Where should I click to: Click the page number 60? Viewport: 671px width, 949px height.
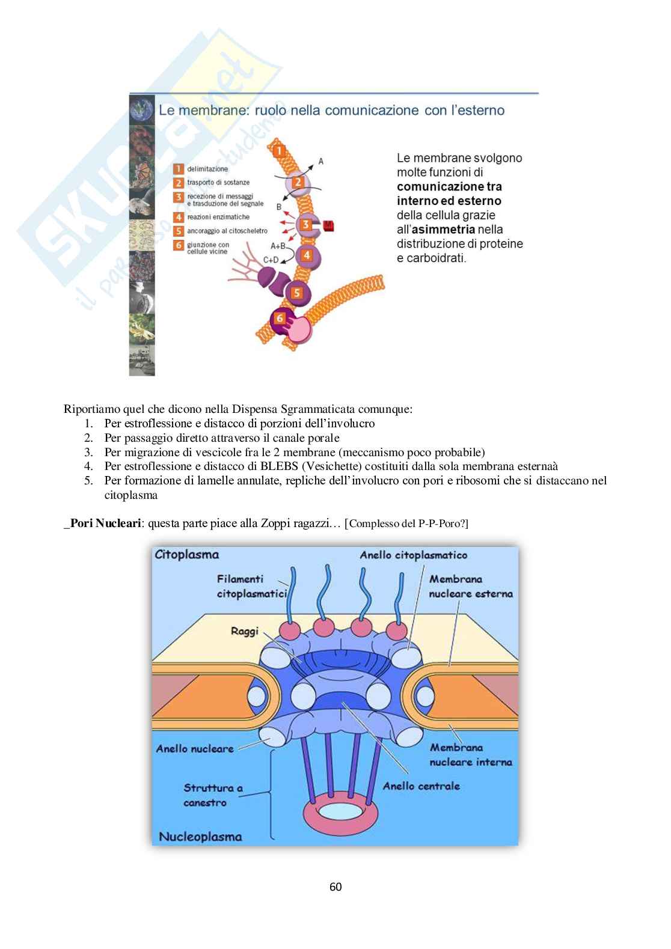coord(335,886)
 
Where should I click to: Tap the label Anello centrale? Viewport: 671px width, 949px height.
coord(421,786)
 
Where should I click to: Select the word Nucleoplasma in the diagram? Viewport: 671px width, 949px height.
coord(200,837)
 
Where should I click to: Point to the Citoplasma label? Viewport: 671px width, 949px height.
coord(186,555)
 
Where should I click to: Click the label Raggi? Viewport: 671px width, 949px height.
coord(245,632)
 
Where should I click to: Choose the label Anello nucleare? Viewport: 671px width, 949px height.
coord(195,749)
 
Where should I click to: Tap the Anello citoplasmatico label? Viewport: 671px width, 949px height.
coord(413,555)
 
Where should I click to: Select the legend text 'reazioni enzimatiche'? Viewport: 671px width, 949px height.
coord(218,217)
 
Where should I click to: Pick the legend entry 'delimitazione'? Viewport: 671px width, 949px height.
coord(207,169)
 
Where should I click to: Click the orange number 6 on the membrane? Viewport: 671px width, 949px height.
coord(280,318)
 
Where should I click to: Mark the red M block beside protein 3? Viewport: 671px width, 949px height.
coord(328,226)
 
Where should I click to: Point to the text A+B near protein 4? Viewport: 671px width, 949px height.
coord(278,246)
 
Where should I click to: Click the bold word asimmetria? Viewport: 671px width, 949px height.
coord(443,230)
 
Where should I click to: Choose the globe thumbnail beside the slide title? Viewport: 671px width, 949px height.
coord(142,109)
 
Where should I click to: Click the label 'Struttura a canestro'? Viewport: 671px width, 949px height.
coord(213,795)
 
